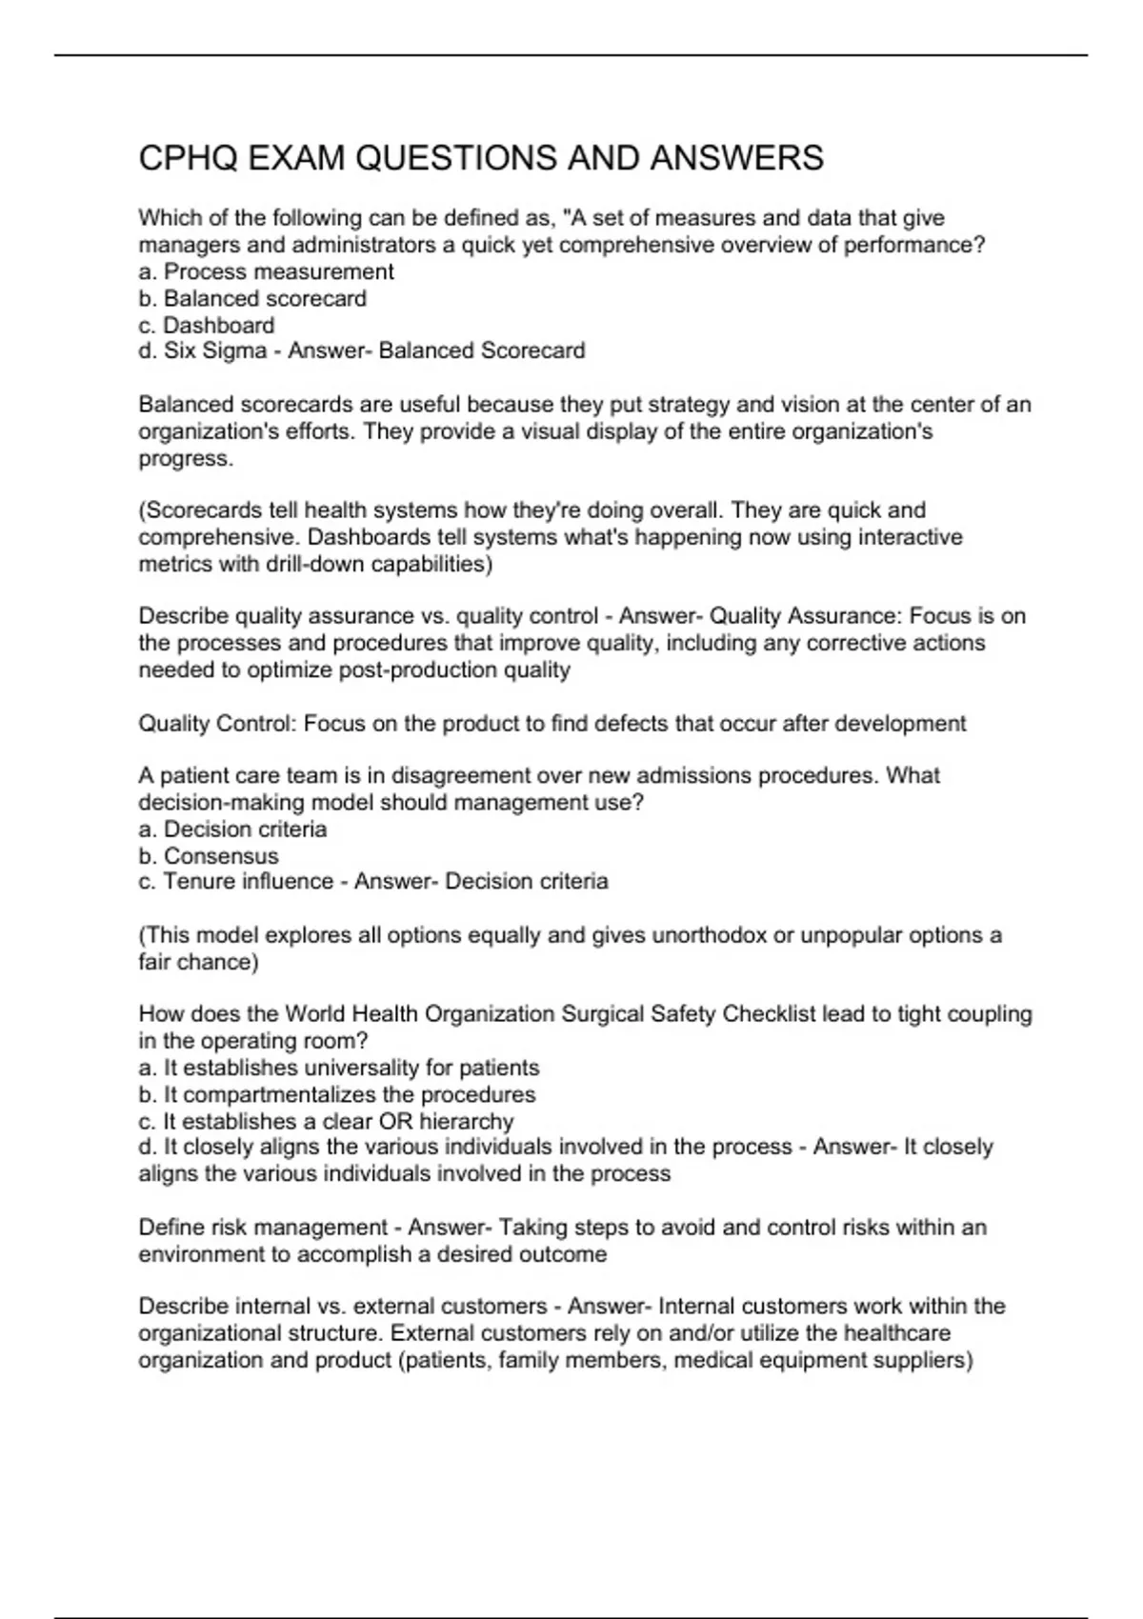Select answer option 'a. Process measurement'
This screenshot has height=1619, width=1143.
pyautogui.click(x=266, y=271)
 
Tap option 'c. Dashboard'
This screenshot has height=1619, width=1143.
pyautogui.click(x=207, y=325)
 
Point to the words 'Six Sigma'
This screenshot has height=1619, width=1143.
pyautogui.click(x=215, y=350)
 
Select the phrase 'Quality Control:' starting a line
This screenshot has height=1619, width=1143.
pyautogui.click(x=218, y=724)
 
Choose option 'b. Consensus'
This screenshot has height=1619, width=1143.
pyautogui.click(x=209, y=855)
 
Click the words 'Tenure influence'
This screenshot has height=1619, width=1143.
pyautogui.click(x=248, y=881)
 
